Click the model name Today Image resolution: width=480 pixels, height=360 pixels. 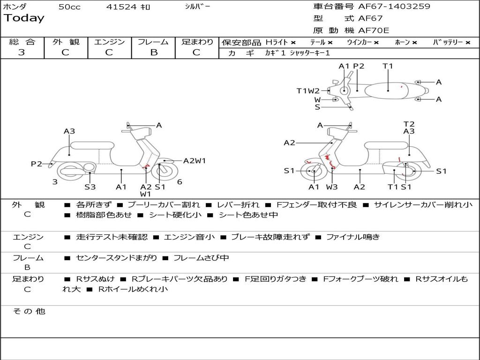coord(24,18)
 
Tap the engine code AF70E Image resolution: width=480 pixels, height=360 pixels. coord(374,30)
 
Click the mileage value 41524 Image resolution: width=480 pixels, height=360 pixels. coord(122,7)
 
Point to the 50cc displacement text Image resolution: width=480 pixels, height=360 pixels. coord(69,7)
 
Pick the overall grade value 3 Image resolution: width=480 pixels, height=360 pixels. coord(22,52)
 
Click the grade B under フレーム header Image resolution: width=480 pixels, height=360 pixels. coord(153,52)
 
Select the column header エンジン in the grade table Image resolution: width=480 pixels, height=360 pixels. coord(109,42)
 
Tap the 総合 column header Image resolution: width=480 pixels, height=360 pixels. coord(22,42)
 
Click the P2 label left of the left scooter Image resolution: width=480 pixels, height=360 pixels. coord(36,164)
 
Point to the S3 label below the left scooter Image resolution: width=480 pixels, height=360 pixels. coord(90,187)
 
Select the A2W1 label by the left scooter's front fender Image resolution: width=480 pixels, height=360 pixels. coord(195,161)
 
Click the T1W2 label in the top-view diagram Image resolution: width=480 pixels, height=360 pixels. coord(307,91)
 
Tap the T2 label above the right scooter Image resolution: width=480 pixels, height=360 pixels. coord(409,124)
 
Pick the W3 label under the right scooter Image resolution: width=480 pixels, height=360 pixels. coord(332,187)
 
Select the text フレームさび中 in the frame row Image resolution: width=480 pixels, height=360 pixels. coord(201,258)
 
